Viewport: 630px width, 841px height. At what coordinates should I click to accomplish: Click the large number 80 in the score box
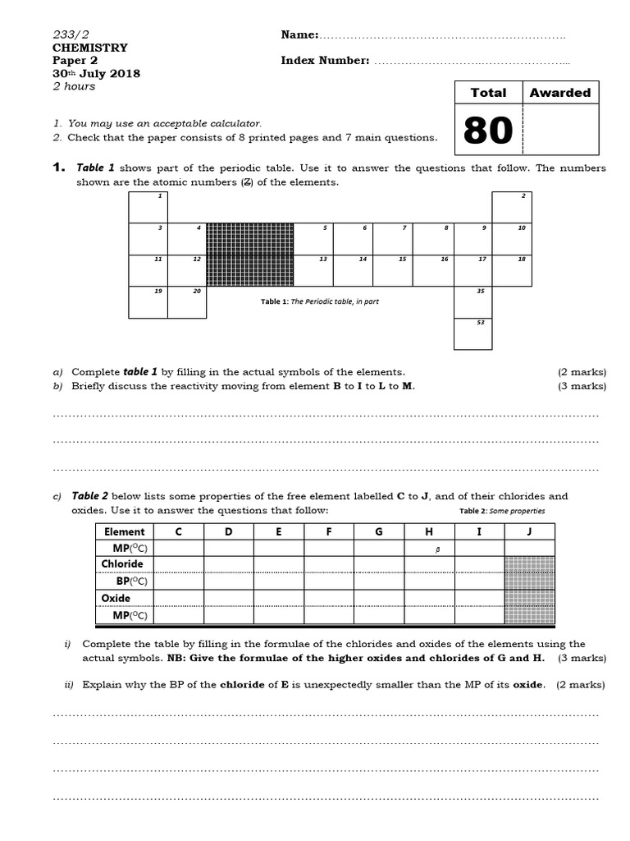pos(488,130)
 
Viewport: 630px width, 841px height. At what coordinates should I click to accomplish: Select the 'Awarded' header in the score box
pos(559,93)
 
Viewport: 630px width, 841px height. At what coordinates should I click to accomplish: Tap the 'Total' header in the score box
pos(488,93)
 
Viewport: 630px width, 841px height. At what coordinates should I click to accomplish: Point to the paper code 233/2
pos(70,34)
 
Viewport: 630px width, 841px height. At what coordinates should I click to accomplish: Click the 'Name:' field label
pos(299,34)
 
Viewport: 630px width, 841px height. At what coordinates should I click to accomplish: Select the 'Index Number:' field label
pos(325,60)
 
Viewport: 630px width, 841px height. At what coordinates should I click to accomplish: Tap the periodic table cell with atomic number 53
pos(472,334)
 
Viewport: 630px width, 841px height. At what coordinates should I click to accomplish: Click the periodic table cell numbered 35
pos(472,302)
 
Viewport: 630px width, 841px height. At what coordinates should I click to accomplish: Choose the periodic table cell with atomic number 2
pos(513,206)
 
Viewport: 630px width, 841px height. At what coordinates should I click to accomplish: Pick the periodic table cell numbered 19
pos(148,302)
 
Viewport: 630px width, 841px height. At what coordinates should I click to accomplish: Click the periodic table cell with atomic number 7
pos(392,238)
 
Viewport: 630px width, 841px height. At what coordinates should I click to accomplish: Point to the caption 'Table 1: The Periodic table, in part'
pos(320,301)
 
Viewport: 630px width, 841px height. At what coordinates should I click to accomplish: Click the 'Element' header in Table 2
pos(123,531)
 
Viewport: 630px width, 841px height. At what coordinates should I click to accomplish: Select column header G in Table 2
pos(379,531)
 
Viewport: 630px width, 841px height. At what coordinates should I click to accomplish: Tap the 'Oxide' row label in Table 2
pos(116,598)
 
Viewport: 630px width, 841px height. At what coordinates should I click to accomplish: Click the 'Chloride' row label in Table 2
pos(121,564)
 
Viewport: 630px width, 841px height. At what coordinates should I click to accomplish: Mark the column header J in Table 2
pos(529,531)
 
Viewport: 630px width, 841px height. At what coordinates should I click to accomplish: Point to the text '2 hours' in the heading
pos(74,86)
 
